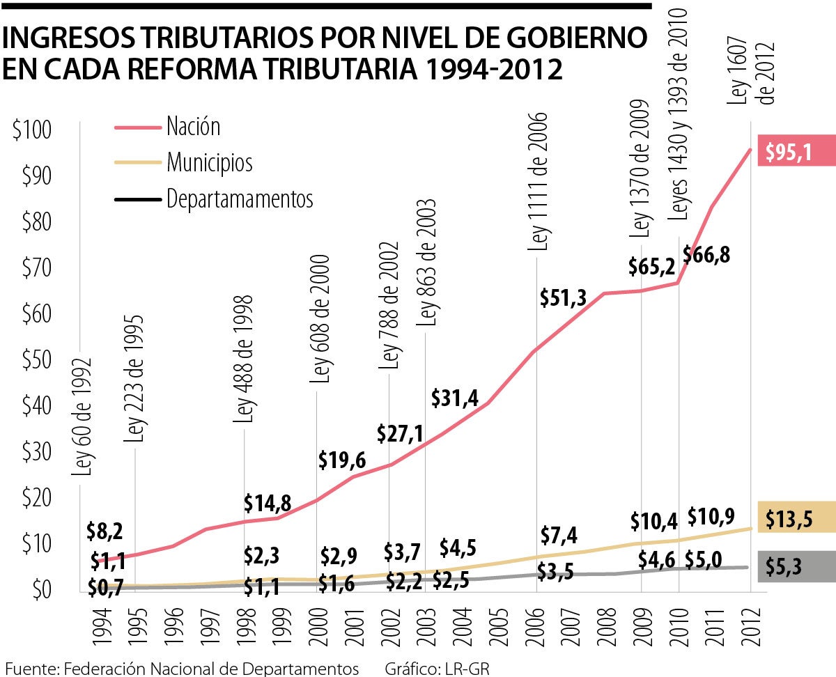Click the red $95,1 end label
[789, 152]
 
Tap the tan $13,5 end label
[789, 519]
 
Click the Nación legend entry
[193, 127]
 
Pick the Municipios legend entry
[209, 163]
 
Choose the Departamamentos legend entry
[240, 199]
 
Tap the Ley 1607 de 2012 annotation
[752, 70]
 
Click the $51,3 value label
[563, 297]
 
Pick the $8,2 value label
[104, 531]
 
